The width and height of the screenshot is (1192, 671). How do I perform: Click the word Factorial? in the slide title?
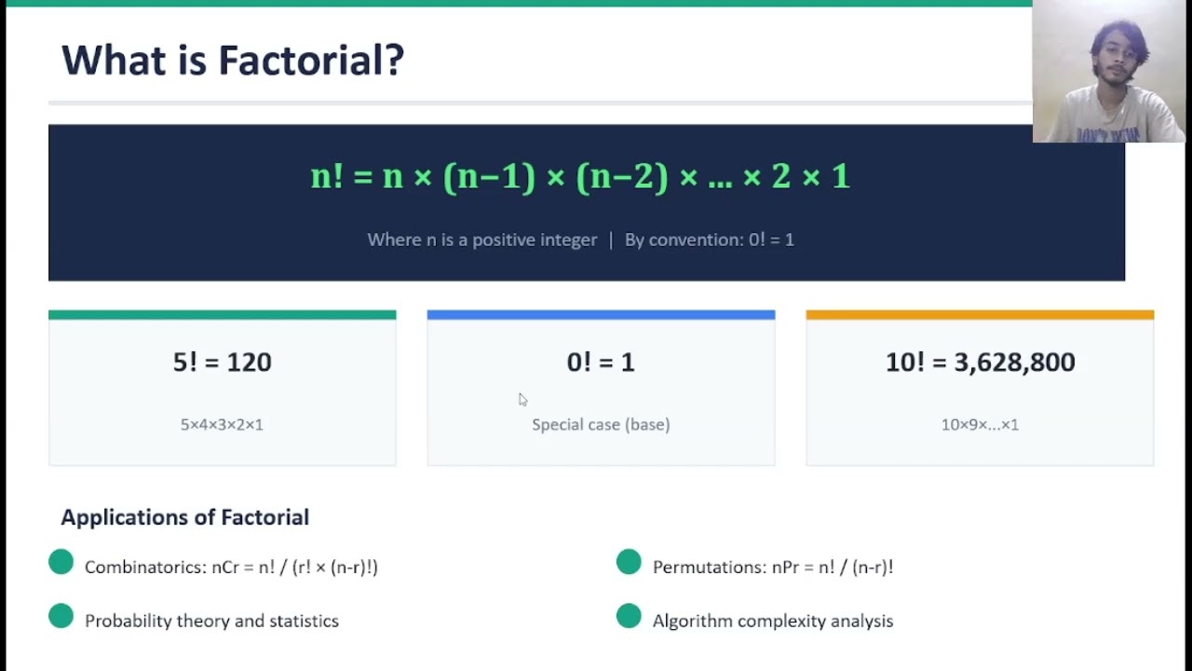pos(311,61)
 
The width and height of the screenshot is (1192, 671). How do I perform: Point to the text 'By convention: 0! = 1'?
pos(709,240)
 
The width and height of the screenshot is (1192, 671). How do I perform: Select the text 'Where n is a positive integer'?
pos(481,240)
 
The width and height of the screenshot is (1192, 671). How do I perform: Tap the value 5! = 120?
pos(222,363)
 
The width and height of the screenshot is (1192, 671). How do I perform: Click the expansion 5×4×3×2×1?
pos(222,424)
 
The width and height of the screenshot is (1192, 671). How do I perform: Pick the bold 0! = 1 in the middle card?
pos(601,363)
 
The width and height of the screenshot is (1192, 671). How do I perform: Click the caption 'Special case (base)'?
pos(601,424)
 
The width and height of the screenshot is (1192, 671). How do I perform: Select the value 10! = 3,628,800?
pos(980,363)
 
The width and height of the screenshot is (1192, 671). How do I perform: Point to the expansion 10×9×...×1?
pos(980,424)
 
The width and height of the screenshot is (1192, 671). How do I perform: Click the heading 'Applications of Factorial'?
pos(184,517)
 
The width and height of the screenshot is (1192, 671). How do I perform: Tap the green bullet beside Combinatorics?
pos(61,562)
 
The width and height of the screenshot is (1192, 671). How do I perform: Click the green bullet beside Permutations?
pos(629,562)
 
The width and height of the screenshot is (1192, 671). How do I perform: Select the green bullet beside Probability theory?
pos(61,616)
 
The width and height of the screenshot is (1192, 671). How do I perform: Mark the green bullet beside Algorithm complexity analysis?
pos(629,616)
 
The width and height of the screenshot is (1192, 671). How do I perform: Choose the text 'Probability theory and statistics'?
pos(211,621)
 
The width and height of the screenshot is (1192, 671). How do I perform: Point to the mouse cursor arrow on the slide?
pos(522,399)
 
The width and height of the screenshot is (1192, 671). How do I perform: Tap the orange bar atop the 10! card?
pos(980,315)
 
